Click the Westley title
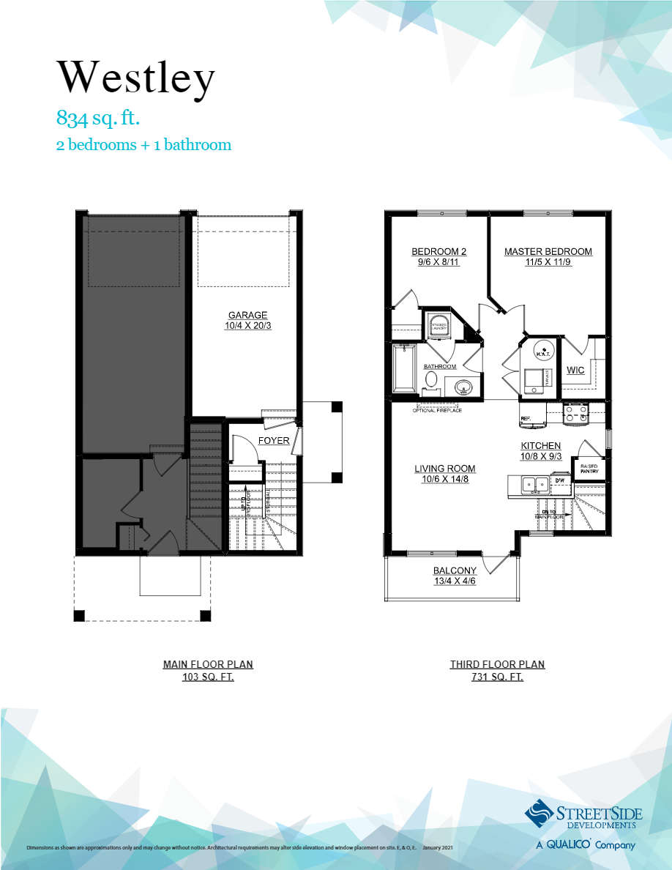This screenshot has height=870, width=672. [x=136, y=77]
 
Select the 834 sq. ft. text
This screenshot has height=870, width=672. [x=98, y=117]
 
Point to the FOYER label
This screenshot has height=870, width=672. [x=274, y=441]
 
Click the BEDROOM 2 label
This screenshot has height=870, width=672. [x=438, y=252]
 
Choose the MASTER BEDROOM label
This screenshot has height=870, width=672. [x=548, y=252]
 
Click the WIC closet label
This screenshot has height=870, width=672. [x=575, y=371]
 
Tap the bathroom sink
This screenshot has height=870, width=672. [x=463, y=387]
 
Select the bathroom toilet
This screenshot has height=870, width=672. [x=432, y=382]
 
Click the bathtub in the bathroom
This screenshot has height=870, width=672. [x=403, y=369]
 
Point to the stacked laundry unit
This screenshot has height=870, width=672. [x=438, y=326]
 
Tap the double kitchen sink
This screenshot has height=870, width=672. [x=534, y=484]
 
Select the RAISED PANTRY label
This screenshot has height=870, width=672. [x=589, y=469]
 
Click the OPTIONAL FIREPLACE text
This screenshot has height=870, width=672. [x=437, y=410]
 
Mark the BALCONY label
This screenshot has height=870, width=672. [x=455, y=571]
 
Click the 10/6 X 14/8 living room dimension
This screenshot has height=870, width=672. [x=444, y=480]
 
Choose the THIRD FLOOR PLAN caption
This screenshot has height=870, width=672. [x=497, y=665]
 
